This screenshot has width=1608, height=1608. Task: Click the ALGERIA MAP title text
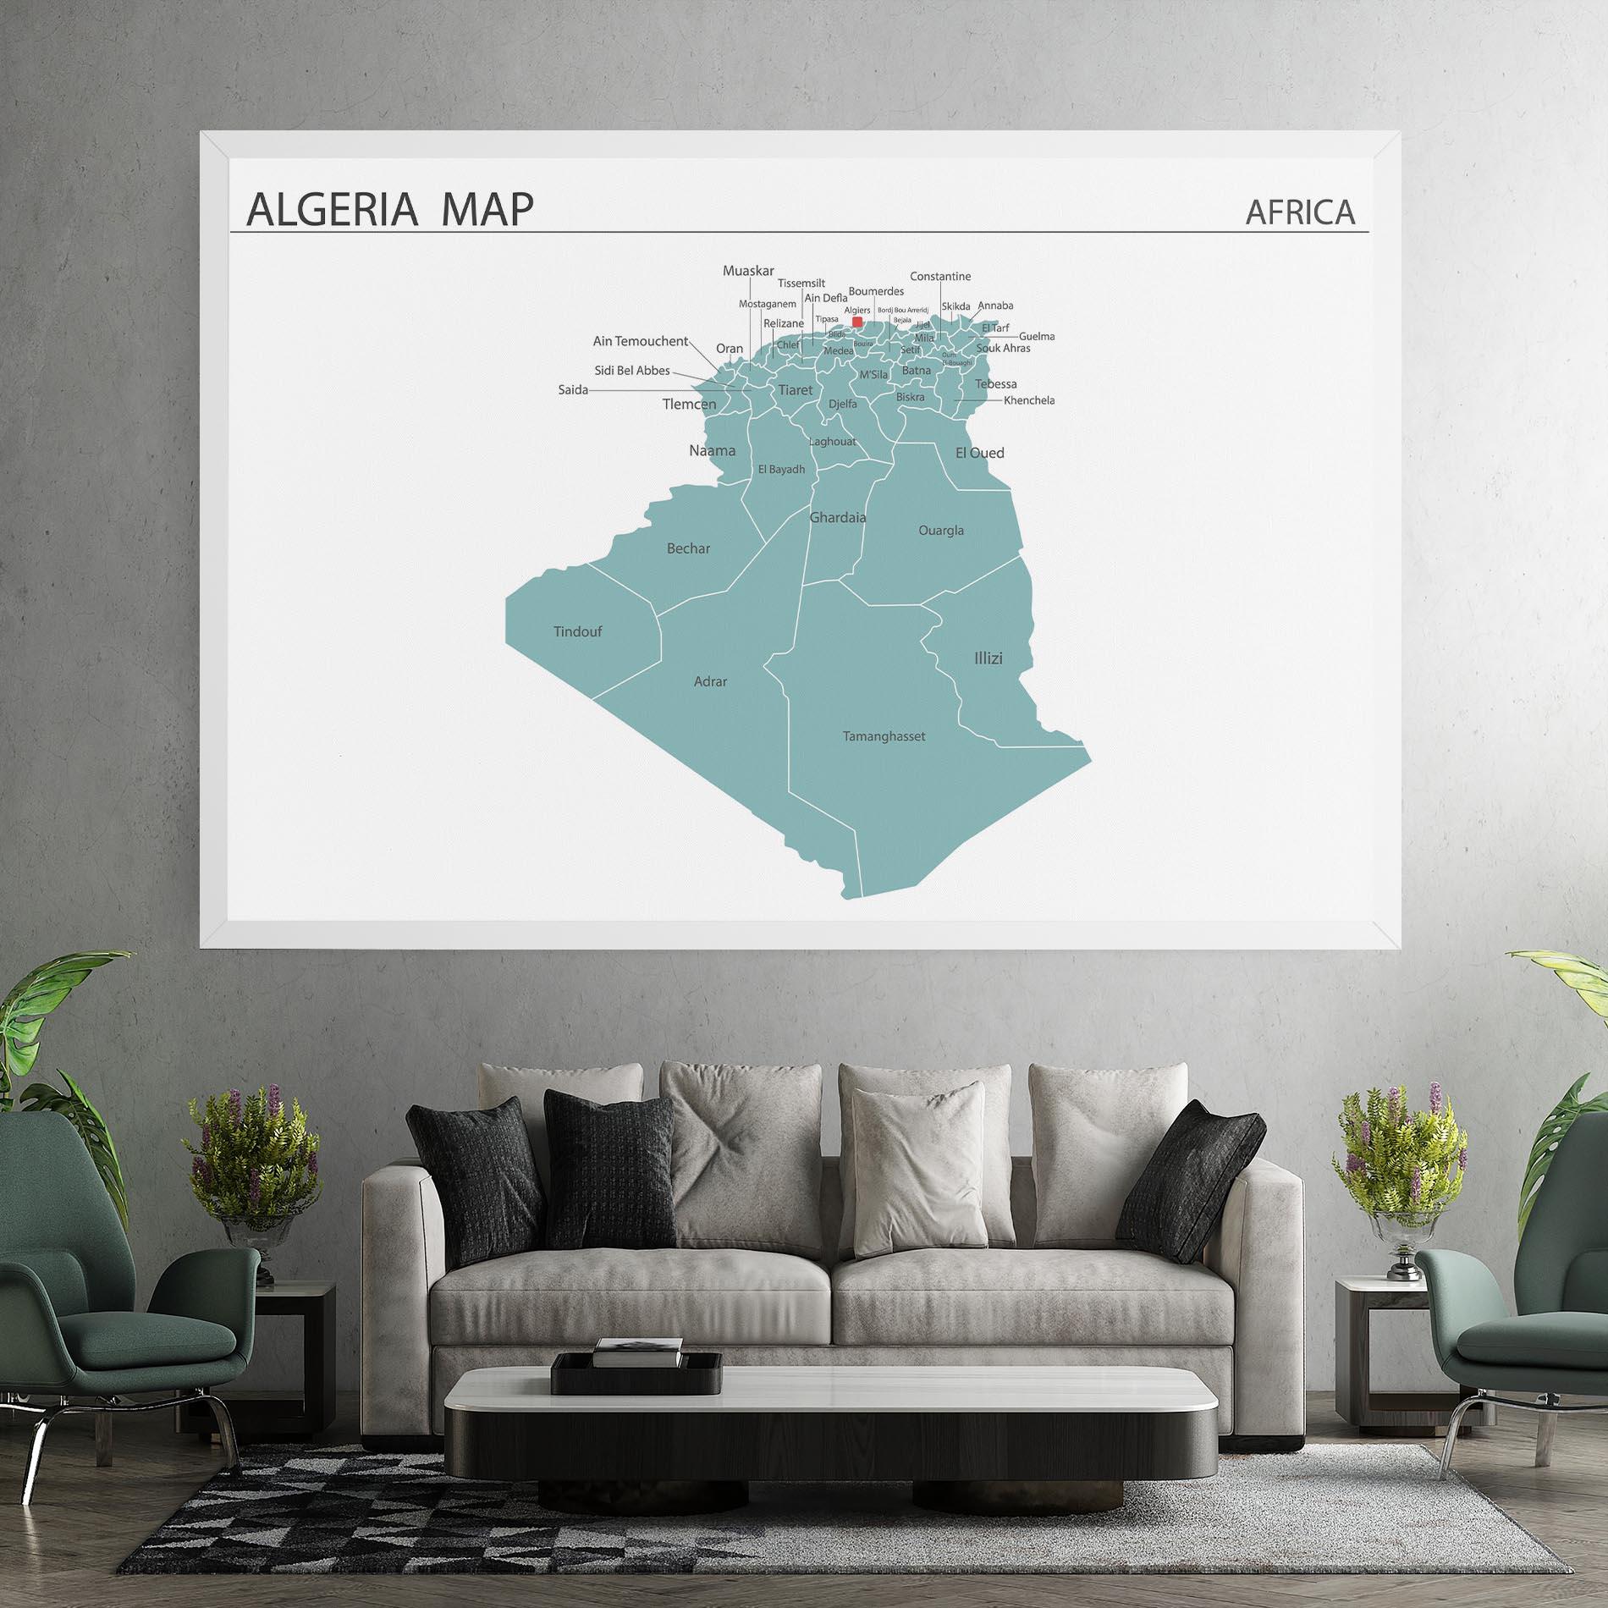390,209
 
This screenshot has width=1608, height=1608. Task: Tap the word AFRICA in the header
1300,212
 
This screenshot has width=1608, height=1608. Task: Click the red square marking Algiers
857,322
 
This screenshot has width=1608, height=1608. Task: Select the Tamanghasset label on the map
884,736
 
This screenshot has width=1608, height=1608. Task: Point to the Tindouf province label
577,631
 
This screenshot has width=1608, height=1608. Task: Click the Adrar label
710,681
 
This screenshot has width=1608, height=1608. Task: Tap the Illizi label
988,658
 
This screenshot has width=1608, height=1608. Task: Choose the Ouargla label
941,531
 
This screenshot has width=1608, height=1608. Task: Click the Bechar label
688,548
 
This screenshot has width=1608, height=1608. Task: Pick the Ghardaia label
838,517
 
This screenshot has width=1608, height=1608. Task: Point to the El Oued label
979,453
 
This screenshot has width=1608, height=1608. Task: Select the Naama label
712,450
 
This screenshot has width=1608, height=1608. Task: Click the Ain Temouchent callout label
640,341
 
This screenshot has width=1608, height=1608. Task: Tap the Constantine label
940,277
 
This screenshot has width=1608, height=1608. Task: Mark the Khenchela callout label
1029,400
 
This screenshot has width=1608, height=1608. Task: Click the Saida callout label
573,390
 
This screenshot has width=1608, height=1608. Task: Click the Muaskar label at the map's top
748,271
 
